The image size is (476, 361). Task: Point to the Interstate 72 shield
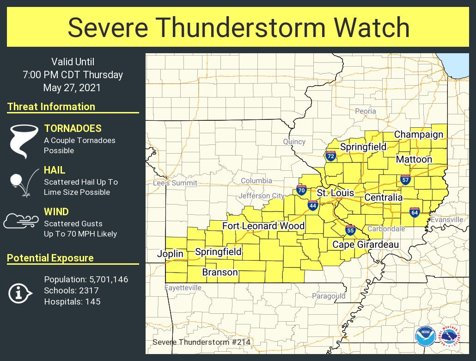click(x=330, y=156)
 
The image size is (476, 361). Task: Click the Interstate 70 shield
click(x=301, y=190)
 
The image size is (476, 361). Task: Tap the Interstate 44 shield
click(x=313, y=205)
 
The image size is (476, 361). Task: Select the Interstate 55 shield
click(x=350, y=230)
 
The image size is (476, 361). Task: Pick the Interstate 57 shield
click(x=405, y=180)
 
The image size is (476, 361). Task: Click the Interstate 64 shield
click(x=414, y=213)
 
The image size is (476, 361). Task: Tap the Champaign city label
click(x=418, y=135)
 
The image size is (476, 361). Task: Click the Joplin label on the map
click(x=170, y=254)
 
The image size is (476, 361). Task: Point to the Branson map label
click(x=220, y=272)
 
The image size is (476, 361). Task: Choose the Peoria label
click(x=365, y=111)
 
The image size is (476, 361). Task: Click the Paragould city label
click(x=328, y=296)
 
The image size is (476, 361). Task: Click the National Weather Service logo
click(x=450, y=336)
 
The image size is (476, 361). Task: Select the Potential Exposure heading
click(x=50, y=258)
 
